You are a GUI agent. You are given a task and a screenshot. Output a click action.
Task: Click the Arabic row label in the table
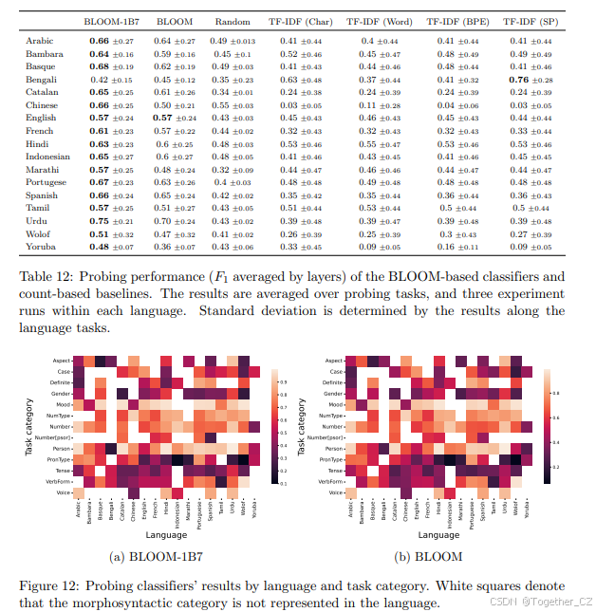40,41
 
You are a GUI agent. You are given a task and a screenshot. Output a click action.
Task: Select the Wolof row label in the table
39,233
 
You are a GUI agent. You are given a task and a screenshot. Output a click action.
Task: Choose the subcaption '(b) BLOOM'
436,557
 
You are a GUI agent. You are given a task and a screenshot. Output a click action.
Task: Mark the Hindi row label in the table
37,143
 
